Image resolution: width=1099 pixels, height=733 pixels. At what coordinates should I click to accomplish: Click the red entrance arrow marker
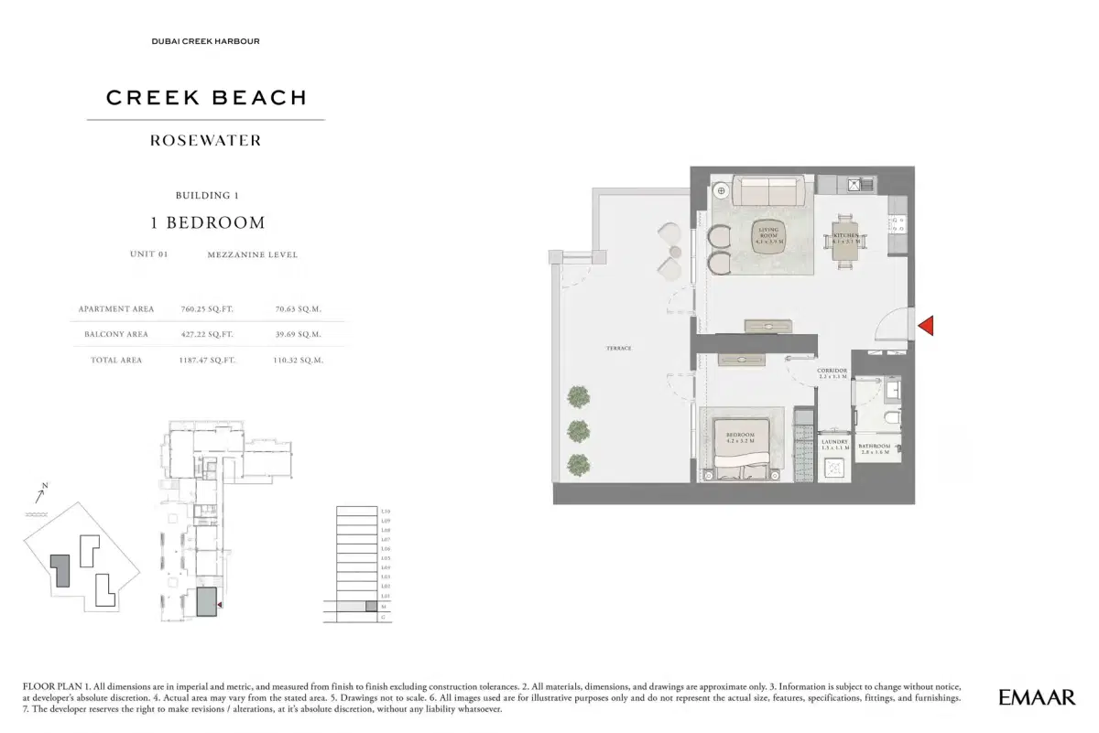[x=925, y=325]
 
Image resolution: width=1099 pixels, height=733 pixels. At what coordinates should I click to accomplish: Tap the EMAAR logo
[x=1036, y=697]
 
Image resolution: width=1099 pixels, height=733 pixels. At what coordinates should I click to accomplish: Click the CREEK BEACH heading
[x=206, y=98]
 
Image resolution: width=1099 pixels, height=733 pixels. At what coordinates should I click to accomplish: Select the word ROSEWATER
[x=206, y=141]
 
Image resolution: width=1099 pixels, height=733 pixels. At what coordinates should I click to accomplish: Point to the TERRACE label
[x=618, y=349]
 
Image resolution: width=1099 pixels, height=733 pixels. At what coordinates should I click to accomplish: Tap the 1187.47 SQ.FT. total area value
[x=207, y=361]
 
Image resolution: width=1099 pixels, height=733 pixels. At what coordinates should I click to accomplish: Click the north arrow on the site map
[x=39, y=496]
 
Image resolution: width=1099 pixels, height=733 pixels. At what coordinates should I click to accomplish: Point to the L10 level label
[x=386, y=511]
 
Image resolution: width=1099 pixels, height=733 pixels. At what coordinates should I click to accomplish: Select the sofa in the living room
[x=771, y=191]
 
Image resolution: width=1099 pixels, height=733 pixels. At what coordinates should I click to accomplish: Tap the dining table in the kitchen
[x=846, y=239]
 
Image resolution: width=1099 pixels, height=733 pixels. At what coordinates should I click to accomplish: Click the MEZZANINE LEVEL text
[x=253, y=255]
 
